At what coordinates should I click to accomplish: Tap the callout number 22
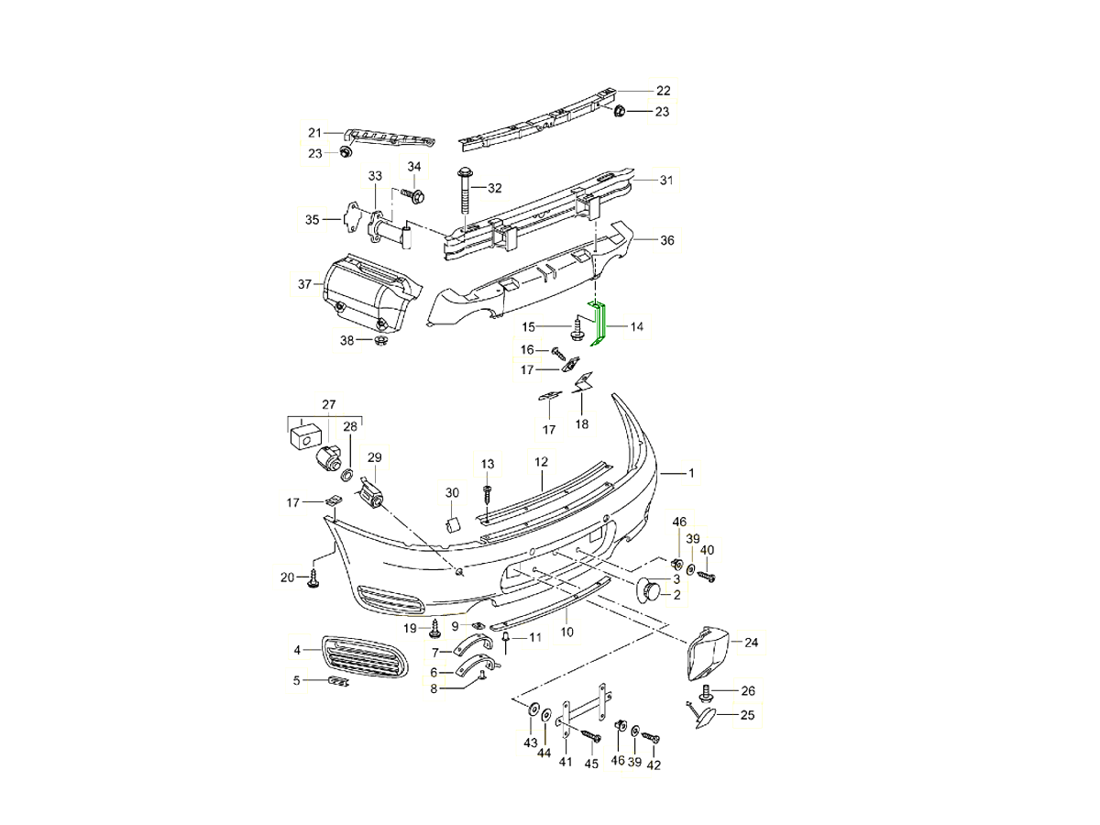click(x=663, y=91)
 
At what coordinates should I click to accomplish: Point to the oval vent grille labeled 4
click(x=365, y=656)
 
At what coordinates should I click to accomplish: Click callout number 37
click(x=304, y=284)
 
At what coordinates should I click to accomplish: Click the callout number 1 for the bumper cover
click(x=691, y=473)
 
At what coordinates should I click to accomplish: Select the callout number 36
click(x=667, y=240)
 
